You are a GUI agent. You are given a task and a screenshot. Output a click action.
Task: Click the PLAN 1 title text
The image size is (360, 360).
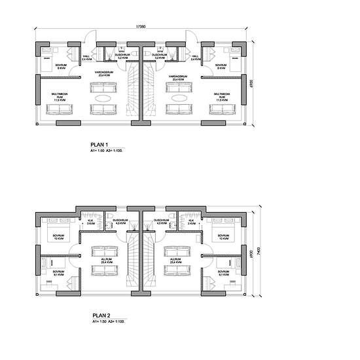tap(99, 145)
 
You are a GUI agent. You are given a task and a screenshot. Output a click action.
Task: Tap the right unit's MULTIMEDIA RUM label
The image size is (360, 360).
tap(222, 97)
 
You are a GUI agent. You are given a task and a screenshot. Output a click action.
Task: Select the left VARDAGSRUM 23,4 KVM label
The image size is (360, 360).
tap(103, 74)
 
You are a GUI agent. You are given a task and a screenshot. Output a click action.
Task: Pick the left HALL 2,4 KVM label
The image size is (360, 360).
tap(86, 58)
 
